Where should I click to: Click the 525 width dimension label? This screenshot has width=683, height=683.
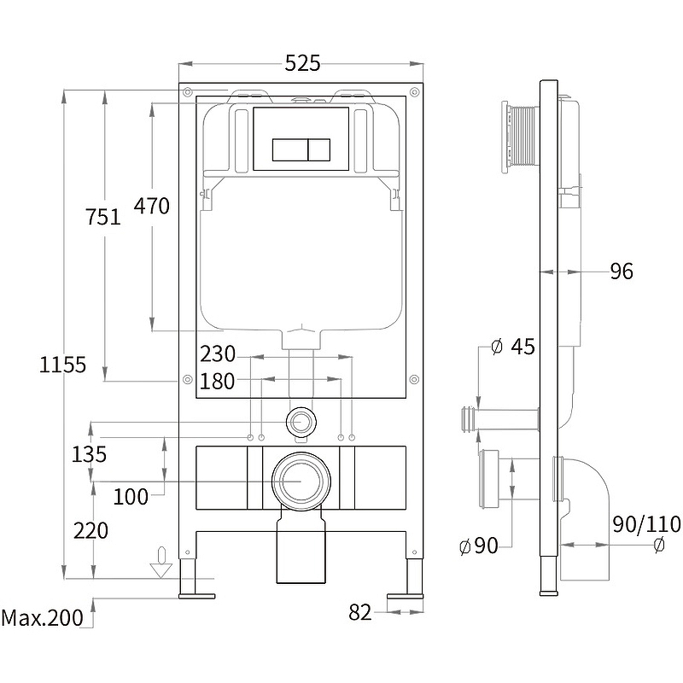[302, 62]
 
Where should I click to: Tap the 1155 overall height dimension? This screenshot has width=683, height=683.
[63, 365]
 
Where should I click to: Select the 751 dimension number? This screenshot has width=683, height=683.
[103, 218]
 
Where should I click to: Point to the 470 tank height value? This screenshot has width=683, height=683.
[152, 206]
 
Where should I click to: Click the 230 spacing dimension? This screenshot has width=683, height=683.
[217, 353]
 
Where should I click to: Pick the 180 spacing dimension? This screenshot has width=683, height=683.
[217, 381]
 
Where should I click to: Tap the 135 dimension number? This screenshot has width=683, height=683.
[90, 454]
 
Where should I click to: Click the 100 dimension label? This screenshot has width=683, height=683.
[131, 495]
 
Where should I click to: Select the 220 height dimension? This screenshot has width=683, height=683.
[91, 530]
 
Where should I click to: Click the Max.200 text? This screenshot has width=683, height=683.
[43, 617]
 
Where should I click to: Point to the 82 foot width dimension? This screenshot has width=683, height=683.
[360, 611]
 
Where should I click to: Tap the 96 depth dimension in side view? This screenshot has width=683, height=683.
[622, 271]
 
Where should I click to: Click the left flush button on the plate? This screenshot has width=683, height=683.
[287, 149]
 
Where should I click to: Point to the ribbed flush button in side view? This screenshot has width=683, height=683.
[519, 137]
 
